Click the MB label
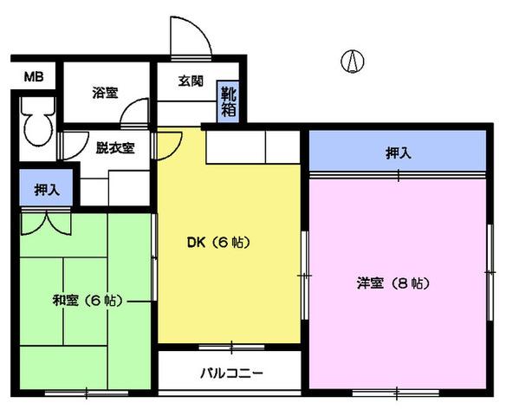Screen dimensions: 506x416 tap(34, 77)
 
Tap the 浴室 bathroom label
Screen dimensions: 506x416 tap(105, 93)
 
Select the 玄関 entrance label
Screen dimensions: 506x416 tap(191, 81)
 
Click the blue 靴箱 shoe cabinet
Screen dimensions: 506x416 tap(228, 101)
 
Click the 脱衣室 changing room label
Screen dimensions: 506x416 tap(115, 148)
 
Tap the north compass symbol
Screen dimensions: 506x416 tap(353, 61)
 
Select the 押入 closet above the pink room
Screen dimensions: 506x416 tap(398, 151)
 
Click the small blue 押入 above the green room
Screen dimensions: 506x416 tap(46, 187)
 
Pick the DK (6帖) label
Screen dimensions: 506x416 tap(219, 243)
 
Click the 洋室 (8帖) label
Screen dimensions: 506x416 tap(393, 283)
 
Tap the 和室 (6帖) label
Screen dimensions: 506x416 tap(88, 301)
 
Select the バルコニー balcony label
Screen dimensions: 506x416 tap(231, 374)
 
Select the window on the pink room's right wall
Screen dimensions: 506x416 tap(490, 273)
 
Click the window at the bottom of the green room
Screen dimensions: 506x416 tap(87, 393)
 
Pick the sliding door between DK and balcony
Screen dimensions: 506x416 tap(231, 348)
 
